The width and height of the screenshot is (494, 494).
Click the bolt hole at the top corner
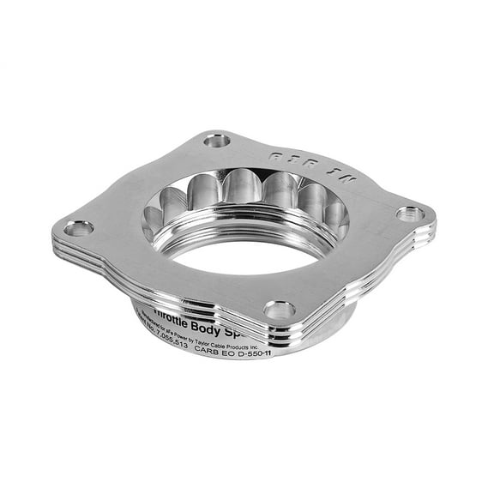217,140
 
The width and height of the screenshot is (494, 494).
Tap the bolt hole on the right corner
410,214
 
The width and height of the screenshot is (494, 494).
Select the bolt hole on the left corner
79,228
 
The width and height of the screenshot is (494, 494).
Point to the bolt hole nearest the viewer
280,310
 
